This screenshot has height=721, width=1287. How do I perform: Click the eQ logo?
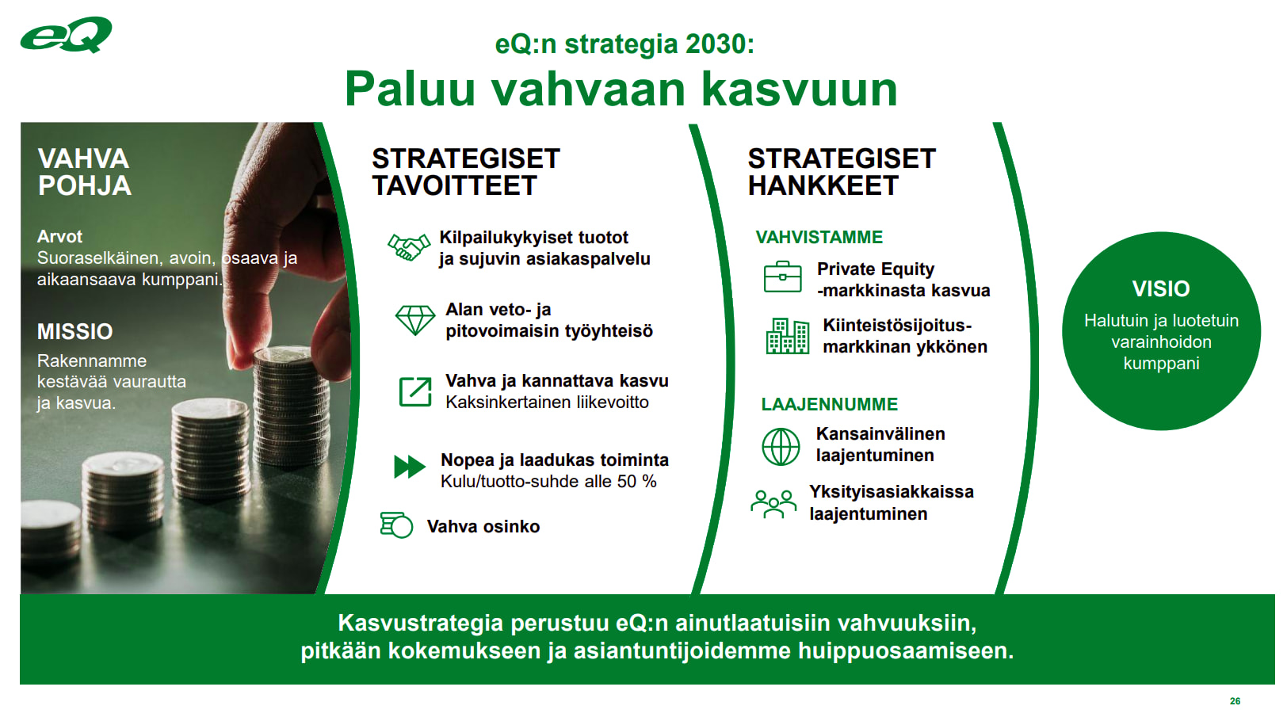coord(66,35)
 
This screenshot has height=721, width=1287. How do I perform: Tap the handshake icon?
coord(408,247)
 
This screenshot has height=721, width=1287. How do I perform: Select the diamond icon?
coord(414,320)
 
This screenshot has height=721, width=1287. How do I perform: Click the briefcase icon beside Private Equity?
coord(782,277)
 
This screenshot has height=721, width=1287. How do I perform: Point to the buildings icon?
coord(787,336)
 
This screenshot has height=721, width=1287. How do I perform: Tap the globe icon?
coord(781,446)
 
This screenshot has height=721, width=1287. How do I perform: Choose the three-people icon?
coord(773,504)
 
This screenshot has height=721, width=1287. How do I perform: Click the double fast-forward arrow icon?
coord(410,467)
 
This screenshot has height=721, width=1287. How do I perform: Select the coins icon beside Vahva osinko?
coord(396,525)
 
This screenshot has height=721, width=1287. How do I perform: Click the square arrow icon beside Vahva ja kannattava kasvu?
coord(415,392)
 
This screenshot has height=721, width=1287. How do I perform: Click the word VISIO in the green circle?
coord(1160,289)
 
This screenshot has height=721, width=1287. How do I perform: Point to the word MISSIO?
coord(74,331)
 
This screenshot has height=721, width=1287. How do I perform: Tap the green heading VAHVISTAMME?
coord(819,237)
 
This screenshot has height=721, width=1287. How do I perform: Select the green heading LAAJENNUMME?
coord(829,404)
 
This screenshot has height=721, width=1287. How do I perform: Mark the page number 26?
coord(1235,701)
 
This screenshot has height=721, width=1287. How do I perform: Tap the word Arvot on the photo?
coord(59,237)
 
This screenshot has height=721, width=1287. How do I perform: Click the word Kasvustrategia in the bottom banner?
coord(420,623)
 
